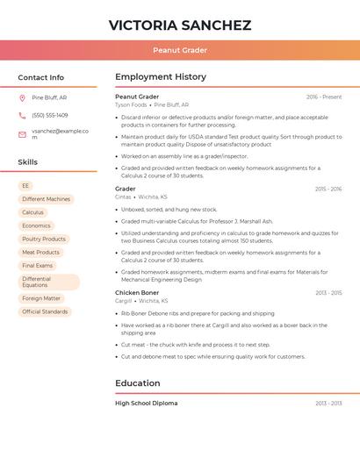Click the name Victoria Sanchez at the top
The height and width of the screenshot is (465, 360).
coord(180,25)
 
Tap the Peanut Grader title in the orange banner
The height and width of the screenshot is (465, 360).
coord(180,50)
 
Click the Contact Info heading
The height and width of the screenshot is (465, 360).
coord(41,77)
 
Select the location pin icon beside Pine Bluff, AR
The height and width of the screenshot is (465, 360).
coord(22,98)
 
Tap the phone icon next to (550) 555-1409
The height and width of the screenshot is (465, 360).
coord(22,115)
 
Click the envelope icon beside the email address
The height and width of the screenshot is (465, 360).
coord(22,133)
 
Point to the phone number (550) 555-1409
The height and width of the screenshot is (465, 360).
coord(50,115)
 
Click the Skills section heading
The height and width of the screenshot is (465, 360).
coord(28,162)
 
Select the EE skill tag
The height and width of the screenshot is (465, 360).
coord(26,186)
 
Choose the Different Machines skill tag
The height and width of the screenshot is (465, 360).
coord(46,199)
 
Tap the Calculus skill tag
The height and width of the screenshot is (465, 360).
coord(32,212)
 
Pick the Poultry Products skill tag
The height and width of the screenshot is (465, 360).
coord(44,239)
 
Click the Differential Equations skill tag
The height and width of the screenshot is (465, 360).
coord(48,282)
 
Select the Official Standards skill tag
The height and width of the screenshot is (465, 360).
coord(45,311)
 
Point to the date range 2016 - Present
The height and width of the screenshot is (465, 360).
coord(324,97)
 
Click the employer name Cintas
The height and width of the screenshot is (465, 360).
coord(123,197)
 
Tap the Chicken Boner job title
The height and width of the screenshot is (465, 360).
coord(137,292)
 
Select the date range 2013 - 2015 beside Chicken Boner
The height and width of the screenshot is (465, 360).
coord(328,293)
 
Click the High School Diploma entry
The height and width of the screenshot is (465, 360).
coord(146,403)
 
